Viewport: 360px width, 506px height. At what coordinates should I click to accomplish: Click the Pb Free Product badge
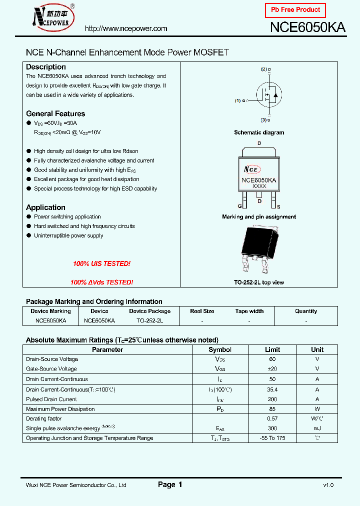(295, 10)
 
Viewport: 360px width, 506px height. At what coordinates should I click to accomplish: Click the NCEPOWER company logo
(52, 17)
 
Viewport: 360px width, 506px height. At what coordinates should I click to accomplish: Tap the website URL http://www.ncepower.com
(126, 28)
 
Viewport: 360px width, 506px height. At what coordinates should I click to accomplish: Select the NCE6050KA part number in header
(307, 27)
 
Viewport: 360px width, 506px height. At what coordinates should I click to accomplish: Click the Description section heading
(46, 67)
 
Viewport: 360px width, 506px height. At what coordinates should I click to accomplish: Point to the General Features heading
(55, 113)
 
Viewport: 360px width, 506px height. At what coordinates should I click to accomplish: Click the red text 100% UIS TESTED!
(101, 263)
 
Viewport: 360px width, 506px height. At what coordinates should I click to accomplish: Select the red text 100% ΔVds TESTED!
(101, 282)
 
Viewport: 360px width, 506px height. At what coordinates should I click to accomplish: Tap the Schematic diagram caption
(259, 132)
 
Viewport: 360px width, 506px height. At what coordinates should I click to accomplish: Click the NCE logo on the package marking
(251, 169)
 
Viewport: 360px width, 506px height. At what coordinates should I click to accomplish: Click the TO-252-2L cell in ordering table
(149, 320)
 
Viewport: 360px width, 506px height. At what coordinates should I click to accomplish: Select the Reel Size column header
(202, 311)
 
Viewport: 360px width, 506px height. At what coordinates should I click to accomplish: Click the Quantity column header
(306, 311)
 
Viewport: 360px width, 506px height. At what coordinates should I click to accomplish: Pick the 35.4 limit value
(272, 389)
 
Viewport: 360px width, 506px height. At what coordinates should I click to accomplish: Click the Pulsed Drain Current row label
(51, 399)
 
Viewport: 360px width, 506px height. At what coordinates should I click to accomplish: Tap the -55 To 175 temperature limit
(272, 438)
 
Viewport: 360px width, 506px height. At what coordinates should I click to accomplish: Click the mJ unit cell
(317, 428)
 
